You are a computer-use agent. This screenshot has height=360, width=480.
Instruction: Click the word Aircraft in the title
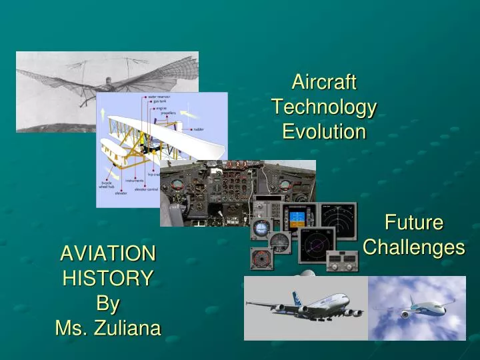click(324, 83)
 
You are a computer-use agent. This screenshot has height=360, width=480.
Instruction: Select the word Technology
click(324, 107)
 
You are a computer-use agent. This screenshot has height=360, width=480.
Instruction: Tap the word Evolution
click(324, 131)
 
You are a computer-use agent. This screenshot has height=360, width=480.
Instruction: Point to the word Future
click(414, 223)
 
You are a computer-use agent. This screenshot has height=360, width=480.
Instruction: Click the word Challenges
click(414, 247)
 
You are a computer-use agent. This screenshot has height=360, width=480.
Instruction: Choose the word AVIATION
click(108, 253)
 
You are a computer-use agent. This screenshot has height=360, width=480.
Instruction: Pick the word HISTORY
click(108, 278)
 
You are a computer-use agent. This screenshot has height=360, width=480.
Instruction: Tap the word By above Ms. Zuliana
click(108, 303)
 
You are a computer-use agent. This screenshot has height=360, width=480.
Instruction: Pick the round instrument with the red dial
click(261, 257)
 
